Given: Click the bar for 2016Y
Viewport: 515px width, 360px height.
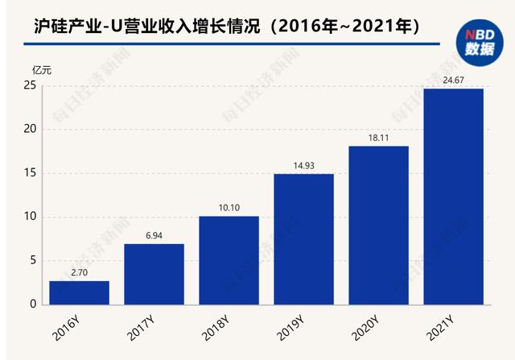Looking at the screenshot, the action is tap(79, 292).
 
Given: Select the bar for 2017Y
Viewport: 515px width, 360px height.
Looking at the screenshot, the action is tap(154, 274).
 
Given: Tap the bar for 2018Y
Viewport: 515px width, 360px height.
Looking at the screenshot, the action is tap(229, 260).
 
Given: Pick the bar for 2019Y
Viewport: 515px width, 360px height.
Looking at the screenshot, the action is tap(304, 239).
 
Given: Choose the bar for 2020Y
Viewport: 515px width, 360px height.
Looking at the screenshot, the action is tap(379, 226).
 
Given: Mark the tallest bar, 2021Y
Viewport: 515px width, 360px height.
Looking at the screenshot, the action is tap(454, 197).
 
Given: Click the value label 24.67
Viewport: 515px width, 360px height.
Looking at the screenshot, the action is tap(453, 81).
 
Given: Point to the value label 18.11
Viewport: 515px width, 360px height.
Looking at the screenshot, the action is tap(378, 138).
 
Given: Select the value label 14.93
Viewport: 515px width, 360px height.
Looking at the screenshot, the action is tap(304, 166).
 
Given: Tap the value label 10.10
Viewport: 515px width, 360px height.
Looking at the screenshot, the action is tap(229, 208).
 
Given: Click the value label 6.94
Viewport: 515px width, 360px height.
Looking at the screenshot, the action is tap(154, 235).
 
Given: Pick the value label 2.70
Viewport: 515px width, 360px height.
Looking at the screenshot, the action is tap(79, 272).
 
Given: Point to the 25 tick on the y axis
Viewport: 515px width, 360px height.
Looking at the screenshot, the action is tap(30, 86).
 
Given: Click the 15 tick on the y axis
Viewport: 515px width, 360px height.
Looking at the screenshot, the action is tap(30, 173).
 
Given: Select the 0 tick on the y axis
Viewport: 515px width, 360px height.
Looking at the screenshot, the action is tap(33, 304).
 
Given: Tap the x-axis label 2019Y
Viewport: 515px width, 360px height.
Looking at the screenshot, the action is tap(290, 328).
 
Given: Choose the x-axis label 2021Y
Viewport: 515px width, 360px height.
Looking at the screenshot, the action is tap(440, 328).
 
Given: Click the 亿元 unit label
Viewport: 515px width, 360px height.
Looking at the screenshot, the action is tap(42, 70).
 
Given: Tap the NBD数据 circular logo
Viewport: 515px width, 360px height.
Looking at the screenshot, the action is tap(480, 43).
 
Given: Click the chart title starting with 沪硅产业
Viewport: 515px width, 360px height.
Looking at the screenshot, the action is tap(227, 27).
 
